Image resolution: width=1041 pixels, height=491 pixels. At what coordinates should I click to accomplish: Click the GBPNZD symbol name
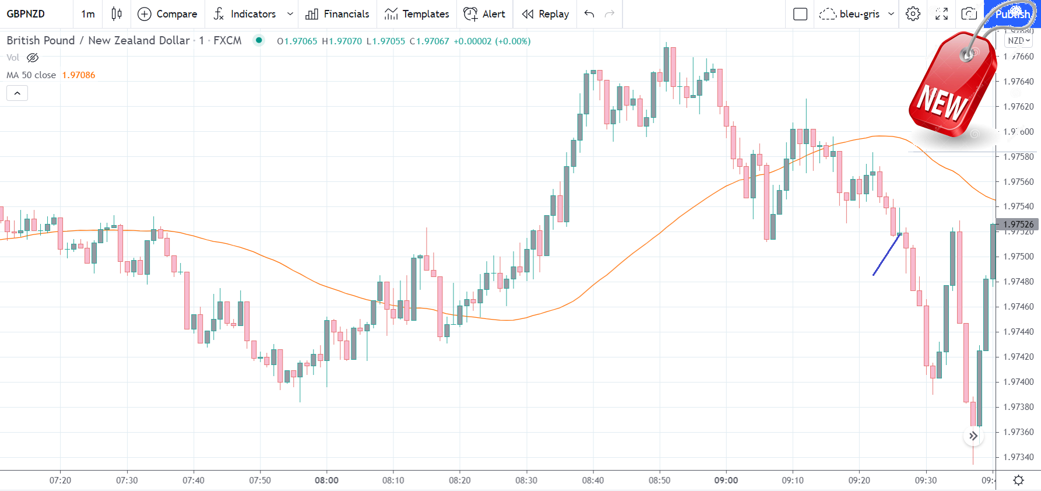pos(26,14)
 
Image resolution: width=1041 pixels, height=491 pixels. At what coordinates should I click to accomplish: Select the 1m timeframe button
pos(88,14)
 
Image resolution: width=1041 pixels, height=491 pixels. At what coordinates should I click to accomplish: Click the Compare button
pos(168,14)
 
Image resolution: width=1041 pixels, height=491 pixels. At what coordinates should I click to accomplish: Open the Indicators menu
pos(252,14)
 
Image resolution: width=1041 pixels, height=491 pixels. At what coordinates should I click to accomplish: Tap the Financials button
pos(337,14)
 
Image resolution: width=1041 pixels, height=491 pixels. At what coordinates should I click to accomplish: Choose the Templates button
pos(417,14)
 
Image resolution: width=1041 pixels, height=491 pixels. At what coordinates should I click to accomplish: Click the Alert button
pos(484,14)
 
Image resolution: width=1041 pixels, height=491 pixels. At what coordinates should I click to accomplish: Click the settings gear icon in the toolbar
pos(913,14)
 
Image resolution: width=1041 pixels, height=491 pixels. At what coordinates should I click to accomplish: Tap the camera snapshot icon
pos(969,14)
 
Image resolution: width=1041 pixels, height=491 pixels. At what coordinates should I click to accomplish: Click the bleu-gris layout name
pos(859,14)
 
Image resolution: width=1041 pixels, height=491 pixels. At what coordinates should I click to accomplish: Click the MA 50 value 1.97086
pos(79,75)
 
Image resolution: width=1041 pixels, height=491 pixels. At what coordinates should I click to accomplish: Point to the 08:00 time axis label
pos(326,481)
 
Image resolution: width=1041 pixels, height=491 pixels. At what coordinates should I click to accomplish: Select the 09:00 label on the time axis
pos(726,481)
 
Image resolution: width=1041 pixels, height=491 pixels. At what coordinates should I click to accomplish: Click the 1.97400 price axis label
pos(1019,382)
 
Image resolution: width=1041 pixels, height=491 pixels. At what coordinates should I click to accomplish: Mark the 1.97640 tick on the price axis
pos(1019,82)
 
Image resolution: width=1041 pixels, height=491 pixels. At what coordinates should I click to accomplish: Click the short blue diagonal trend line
pos(887,255)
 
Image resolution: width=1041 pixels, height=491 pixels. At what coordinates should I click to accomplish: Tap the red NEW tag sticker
pos(950,87)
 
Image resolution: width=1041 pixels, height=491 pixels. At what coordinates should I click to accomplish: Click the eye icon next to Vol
pos(33,58)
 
